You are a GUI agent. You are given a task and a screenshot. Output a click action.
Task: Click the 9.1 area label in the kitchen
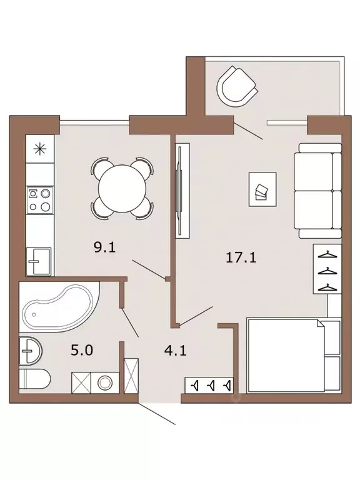[x=105, y=247]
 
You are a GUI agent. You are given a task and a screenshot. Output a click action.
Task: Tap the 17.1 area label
[x=241, y=257]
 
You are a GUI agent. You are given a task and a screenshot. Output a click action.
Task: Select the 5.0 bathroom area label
[x=82, y=350]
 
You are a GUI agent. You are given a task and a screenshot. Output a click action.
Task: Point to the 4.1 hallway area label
[x=176, y=350]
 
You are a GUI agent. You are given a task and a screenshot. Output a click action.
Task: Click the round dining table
[x=122, y=188]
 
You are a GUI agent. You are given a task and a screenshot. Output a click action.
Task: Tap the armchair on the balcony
[x=237, y=87]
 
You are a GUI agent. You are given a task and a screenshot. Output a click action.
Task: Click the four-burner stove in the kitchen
[x=39, y=200]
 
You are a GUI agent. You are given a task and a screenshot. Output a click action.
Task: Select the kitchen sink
[x=39, y=261]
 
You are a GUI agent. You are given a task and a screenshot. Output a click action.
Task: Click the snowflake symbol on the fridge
[x=40, y=149]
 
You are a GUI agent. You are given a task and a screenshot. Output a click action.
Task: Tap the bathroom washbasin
[x=30, y=351]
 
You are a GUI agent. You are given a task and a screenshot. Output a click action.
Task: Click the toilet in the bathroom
[x=34, y=379]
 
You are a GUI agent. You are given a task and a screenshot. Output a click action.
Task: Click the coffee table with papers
[x=262, y=189]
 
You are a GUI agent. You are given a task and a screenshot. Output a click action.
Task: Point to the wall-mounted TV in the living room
[x=182, y=191]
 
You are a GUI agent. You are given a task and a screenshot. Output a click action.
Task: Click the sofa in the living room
[x=317, y=191]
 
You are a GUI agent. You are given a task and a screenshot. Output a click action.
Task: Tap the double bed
[x=294, y=356]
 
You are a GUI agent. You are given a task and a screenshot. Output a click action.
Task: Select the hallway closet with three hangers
[x=209, y=386]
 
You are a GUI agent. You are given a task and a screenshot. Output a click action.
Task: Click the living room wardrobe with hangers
[x=327, y=269]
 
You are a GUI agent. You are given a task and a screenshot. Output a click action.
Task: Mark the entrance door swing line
[x=156, y=413]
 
